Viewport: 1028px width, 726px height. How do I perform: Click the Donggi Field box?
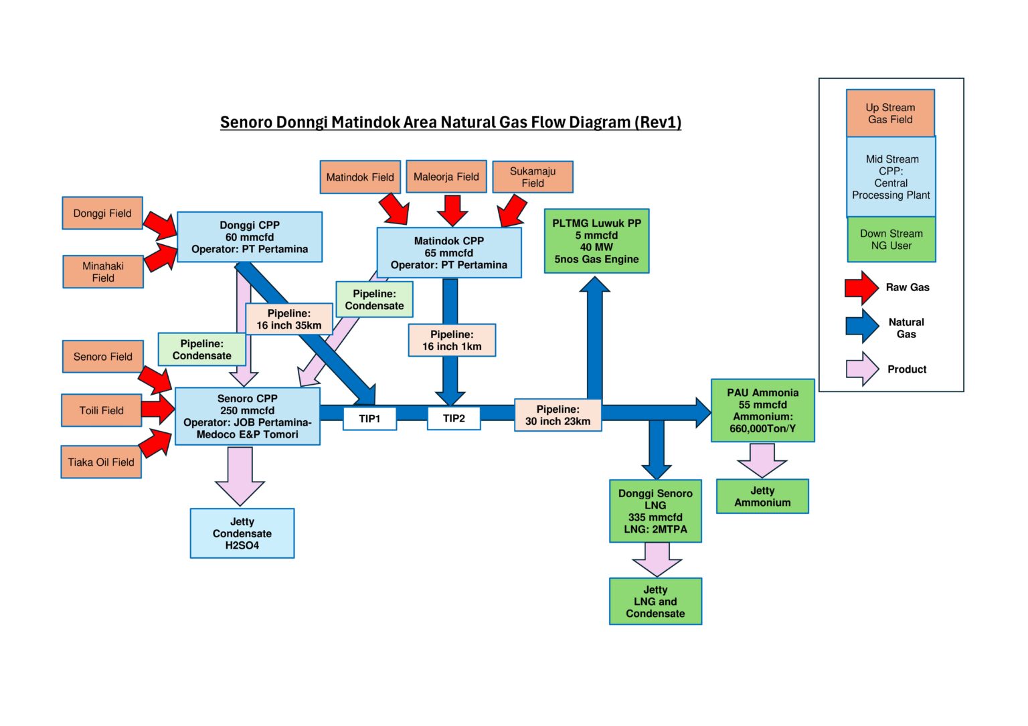click(x=102, y=213)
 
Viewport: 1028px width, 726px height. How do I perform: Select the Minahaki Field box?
click(x=103, y=272)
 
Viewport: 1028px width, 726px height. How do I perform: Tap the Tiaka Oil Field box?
click(x=101, y=462)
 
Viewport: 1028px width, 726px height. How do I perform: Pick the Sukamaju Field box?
click(x=533, y=177)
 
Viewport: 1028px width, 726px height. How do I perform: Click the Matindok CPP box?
click(x=449, y=253)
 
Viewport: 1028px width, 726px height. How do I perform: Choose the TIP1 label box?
click(x=369, y=419)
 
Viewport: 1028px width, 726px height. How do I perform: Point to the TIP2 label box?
click(x=454, y=418)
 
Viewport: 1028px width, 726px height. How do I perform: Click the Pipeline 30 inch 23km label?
click(x=558, y=415)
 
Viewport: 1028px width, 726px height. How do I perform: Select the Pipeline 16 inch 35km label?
click(x=289, y=319)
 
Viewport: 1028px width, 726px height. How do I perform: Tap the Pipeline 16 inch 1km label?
click(x=452, y=340)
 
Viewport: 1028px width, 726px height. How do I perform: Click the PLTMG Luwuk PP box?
click(x=596, y=241)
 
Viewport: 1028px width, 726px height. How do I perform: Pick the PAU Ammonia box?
click(x=762, y=410)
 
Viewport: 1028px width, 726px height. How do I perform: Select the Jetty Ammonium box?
click(x=762, y=496)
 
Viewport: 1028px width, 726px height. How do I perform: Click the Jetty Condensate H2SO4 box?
click(x=242, y=533)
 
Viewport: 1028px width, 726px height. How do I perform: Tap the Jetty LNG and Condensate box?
click(x=655, y=602)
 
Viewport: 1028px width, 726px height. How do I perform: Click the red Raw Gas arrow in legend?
click(x=861, y=288)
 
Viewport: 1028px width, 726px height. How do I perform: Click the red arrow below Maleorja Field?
click(x=452, y=210)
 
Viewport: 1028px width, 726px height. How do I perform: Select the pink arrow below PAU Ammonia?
click(x=762, y=460)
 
